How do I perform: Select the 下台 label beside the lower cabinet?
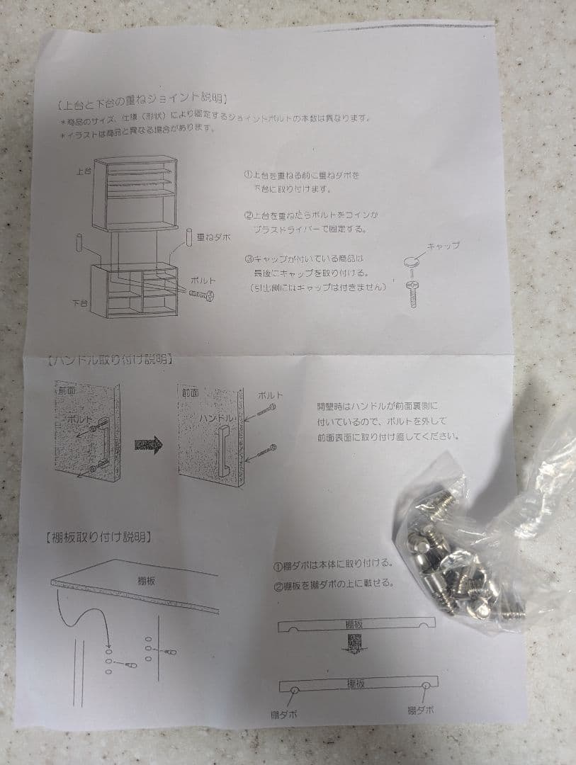pyautogui.click(x=80, y=302)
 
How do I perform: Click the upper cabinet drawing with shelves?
pyautogui.click(x=134, y=193)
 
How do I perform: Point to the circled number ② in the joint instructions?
pyautogui.click(x=249, y=215)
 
